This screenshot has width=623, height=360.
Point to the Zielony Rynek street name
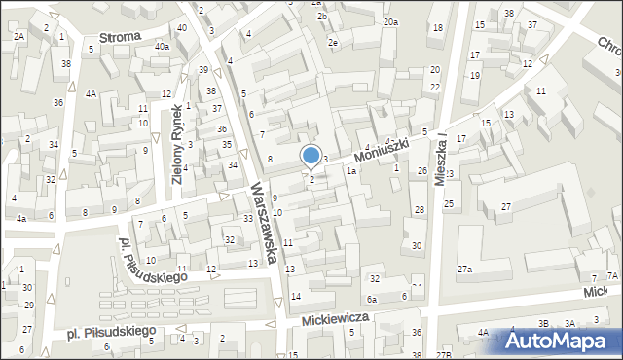pyautogui.click(x=178, y=144)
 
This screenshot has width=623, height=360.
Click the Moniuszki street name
pyautogui.click(x=379, y=149)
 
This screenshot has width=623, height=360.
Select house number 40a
pyautogui.click(x=162, y=46)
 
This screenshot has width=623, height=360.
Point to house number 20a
pyautogui.click(x=390, y=21)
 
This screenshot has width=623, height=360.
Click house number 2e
pyautogui.click(x=333, y=43)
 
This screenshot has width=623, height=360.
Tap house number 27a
pyautogui.click(x=465, y=269)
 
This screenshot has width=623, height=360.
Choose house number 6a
pyautogui.click(x=371, y=299)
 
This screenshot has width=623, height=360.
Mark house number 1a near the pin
pyautogui.click(x=351, y=170)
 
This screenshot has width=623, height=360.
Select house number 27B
pyautogui.click(x=445, y=355)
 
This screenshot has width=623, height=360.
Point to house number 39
pyautogui.click(x=203, y=70)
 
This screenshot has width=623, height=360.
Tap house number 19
pyautogui.click(x=475, y=75)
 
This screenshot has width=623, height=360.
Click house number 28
pyautogui.click(x=419, y=210)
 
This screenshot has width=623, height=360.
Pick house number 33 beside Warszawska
pyautogui.click(x=248, y=218)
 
